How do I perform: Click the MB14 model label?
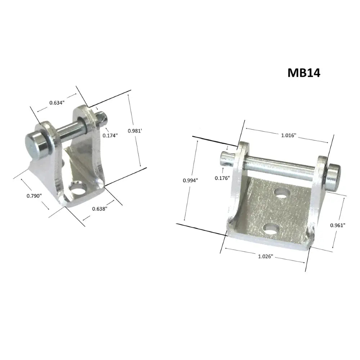304,72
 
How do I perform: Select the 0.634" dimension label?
57,103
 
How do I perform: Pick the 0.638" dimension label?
99,208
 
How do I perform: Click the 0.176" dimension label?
222,178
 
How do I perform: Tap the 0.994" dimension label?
190,181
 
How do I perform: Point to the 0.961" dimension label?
338,225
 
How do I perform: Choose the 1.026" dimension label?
266,256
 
